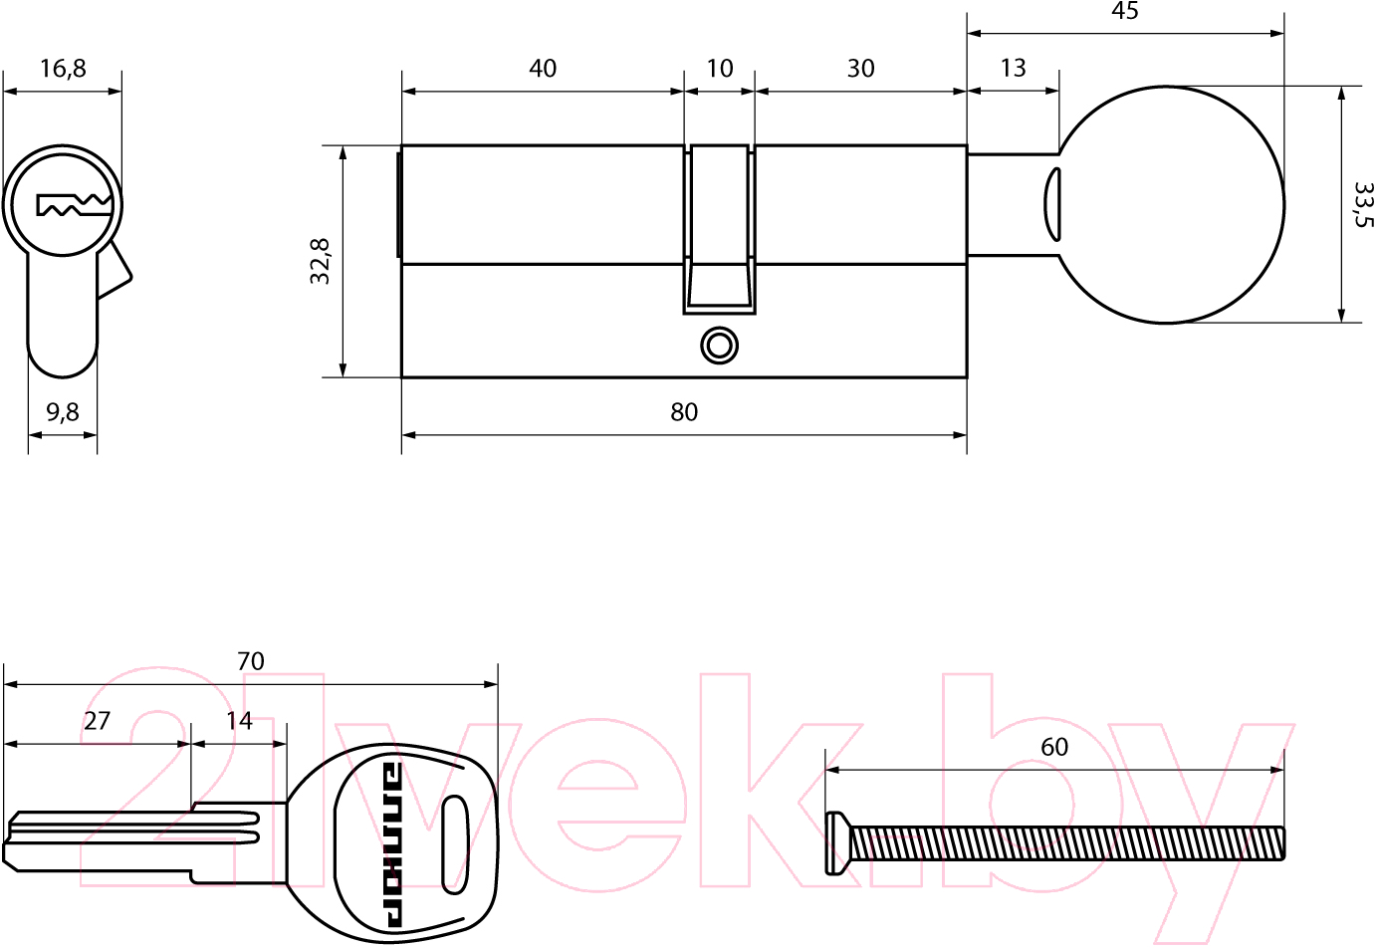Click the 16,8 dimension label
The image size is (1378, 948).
(x=63, y=69)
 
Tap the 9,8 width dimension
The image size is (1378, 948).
(x=63, y=412)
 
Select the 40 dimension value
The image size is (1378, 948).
(x=543, y=69)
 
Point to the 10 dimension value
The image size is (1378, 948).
(x=719, y=69)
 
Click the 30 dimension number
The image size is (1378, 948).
(x=860, y=69)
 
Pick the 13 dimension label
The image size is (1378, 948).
(x=1014, y=68)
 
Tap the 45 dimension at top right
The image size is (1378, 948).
(x=1124, y=11)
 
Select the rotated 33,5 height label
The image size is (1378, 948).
(x=1364, y=204)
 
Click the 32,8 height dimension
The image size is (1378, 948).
(x=320, y=261)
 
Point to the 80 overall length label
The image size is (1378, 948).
(x=684, y=412)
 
